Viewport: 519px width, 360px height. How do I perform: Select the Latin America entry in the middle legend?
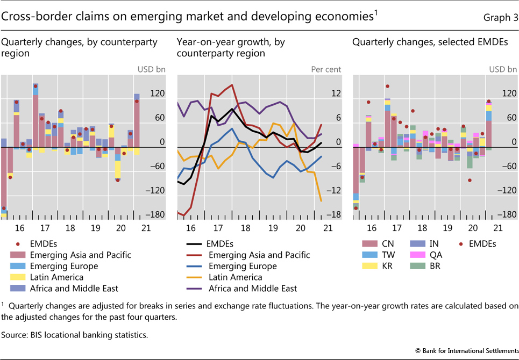point(235,277)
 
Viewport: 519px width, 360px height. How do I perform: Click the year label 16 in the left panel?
point(17,228)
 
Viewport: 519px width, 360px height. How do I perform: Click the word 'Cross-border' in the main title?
point(34,17)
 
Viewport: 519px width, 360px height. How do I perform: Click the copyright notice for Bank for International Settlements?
point(467,350)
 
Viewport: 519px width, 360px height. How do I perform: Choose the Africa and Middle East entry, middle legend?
point(252,289)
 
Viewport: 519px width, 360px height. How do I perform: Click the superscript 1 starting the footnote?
point(3,304)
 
